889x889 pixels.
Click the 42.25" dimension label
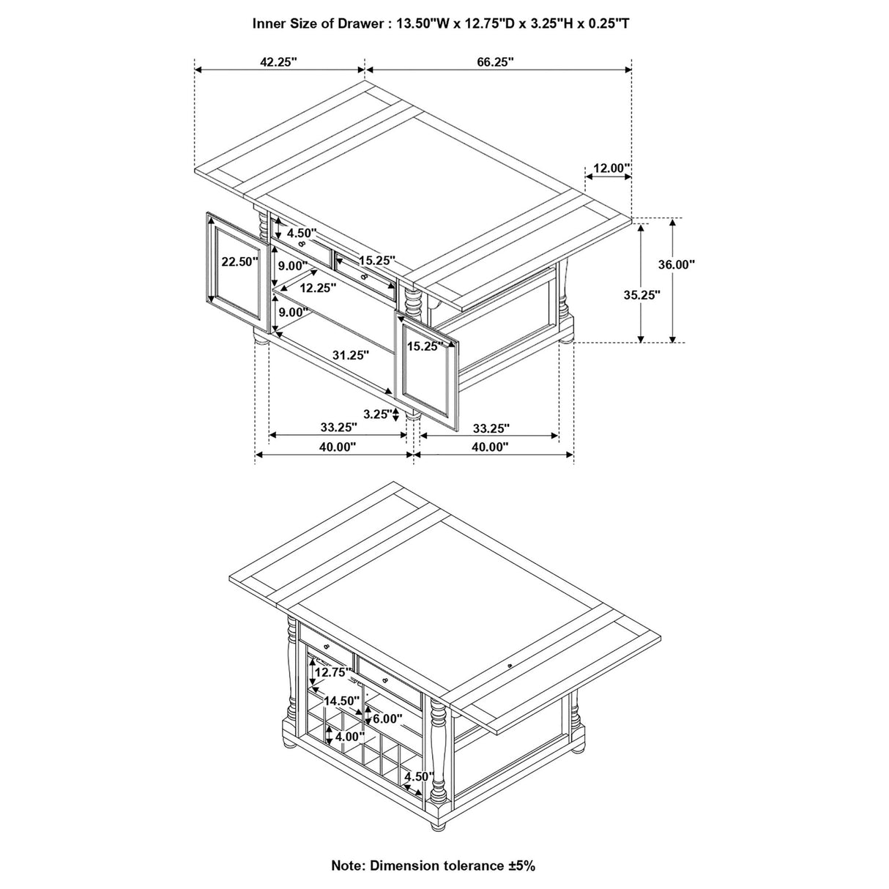point(278,62)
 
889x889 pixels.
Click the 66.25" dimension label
point(496,62)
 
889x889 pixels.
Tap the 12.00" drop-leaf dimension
point(611,168)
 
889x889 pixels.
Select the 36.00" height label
point(676,265)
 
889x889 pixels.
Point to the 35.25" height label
point(642,295)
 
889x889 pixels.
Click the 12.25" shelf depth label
point(318,289)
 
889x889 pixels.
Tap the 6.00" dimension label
point(386,719)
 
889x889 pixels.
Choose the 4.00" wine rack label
point(350,737)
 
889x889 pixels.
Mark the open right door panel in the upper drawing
point(428,369)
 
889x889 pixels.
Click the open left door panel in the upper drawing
point(234,268)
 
